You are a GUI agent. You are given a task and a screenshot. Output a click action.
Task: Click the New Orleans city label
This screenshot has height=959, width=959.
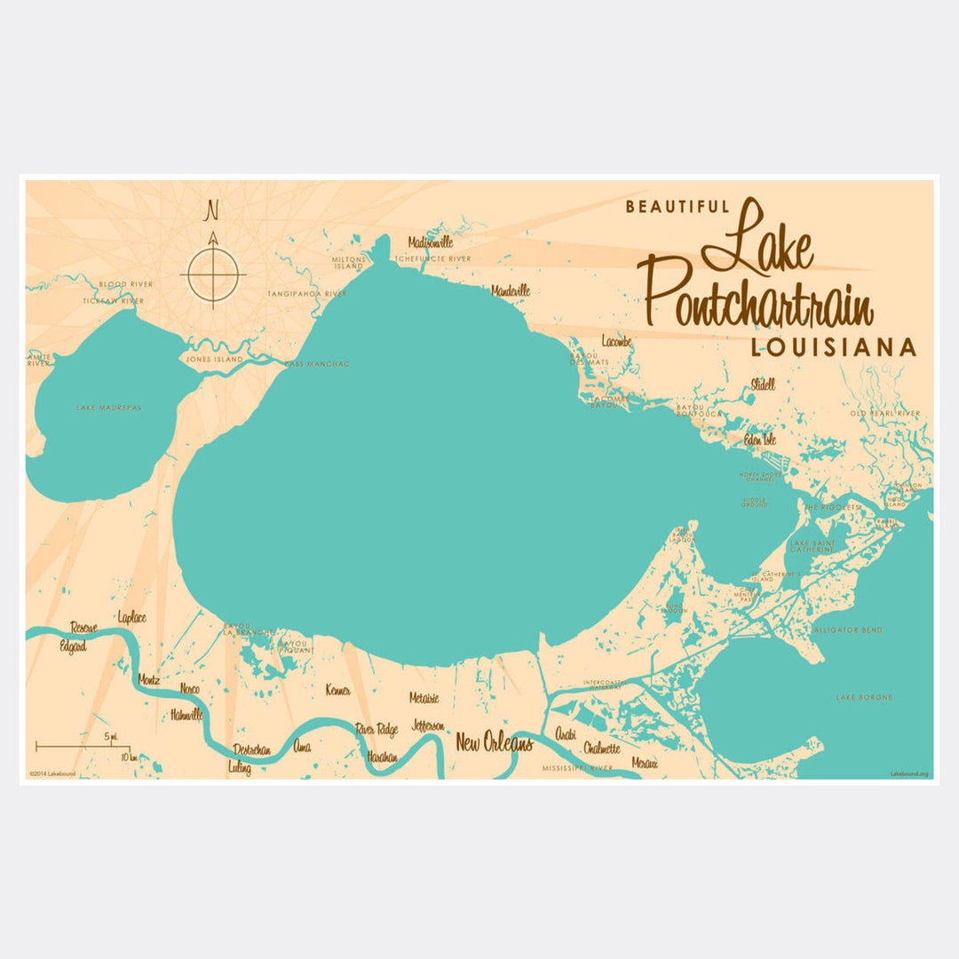pyautogui.click(x=494, y=743)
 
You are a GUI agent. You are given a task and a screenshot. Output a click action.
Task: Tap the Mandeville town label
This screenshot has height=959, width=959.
pyautogui.click(x=511, y=290)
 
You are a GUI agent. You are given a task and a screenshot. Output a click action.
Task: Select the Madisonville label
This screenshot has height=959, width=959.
pyautogui.click(x=431, y=242)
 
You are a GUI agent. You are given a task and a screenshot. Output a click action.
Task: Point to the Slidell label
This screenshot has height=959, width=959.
pyautogui.click(x=763, y=384)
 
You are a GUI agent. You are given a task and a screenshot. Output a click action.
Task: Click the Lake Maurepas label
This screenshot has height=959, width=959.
pyautogui.click(x=109, y=408)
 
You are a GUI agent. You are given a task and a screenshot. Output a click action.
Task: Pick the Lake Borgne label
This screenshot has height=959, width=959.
pyautogui.click(x=864, y=697)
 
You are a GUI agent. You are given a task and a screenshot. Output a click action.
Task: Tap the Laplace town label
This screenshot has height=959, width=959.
pyautogui.click(x=131, y=616)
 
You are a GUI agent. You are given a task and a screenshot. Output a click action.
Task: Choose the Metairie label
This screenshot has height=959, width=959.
pyautogui.click(x=424, y=698)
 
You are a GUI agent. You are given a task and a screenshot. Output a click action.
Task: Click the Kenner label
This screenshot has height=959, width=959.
pyautogui.click(x=338, y=690)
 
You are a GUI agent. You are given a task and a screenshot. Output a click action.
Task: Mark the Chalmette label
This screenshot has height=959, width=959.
pyautogui.click(x=603, y=749)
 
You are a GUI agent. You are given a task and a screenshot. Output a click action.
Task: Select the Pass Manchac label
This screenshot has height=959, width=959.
pyautogui.click(x=317, y=364)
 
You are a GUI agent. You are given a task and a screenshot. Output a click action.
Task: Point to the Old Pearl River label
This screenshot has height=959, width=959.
pyautogui.click(x=885, y=414)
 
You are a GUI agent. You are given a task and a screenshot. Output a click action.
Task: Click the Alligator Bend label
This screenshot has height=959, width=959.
pyautogui.click(x=848, y=630)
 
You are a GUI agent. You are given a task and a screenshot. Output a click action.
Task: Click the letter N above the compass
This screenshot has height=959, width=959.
pyautogui.click(x=212, y=210)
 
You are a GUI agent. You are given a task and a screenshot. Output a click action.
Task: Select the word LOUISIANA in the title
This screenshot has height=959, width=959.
pyautogui.click(x=833, y=347)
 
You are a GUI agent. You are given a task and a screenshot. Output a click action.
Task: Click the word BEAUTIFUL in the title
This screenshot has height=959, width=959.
pyautogui.click(x=678, y=207)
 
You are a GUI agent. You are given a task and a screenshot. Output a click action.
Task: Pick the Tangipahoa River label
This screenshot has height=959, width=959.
pyautogui.click(x=307, y=293)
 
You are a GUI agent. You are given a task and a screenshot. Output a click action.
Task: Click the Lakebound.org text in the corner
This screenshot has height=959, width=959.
pyautogui.click(x=909, y=774)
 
